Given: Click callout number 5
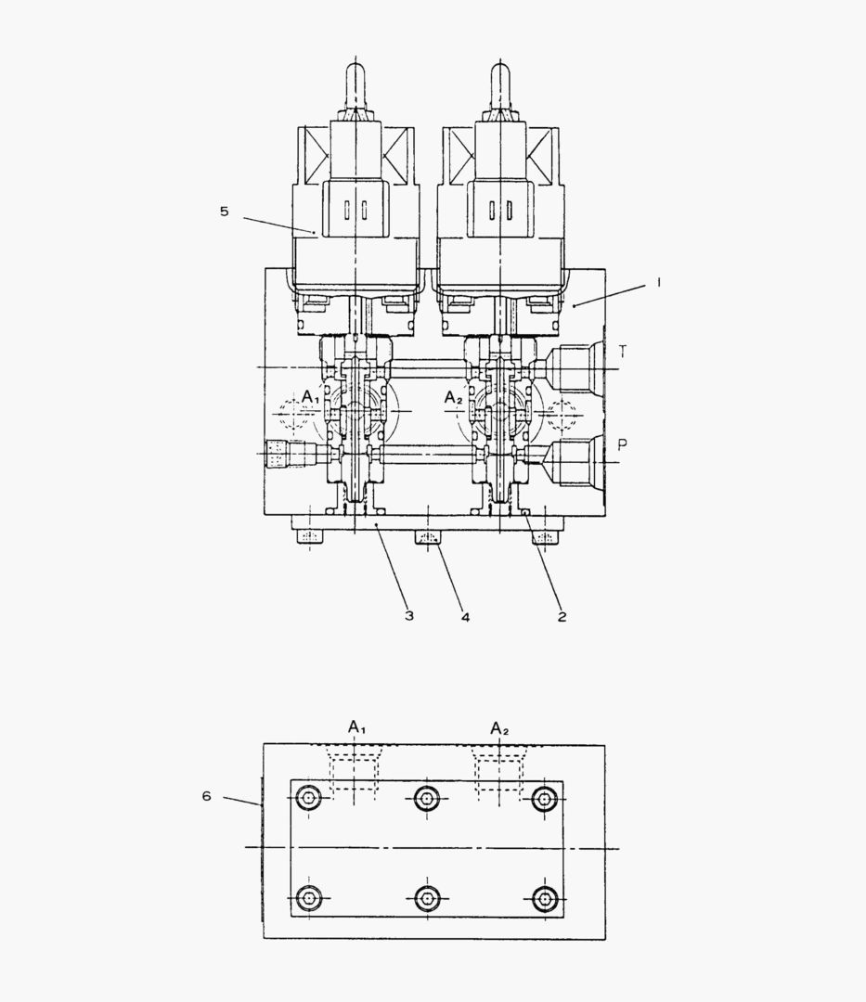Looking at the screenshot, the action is [224, 211].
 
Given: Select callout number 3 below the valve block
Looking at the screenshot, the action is [409, 615].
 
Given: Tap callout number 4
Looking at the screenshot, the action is [465, 617].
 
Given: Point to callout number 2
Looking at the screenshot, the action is [562, 617].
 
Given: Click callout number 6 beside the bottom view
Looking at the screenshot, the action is [206, 796].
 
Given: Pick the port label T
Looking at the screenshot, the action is [623, 352].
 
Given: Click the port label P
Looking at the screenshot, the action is [623, 444].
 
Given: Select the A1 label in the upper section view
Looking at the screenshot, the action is [311, 397].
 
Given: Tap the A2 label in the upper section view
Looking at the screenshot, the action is [453, 398].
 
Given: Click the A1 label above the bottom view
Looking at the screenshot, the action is [356, 726].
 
